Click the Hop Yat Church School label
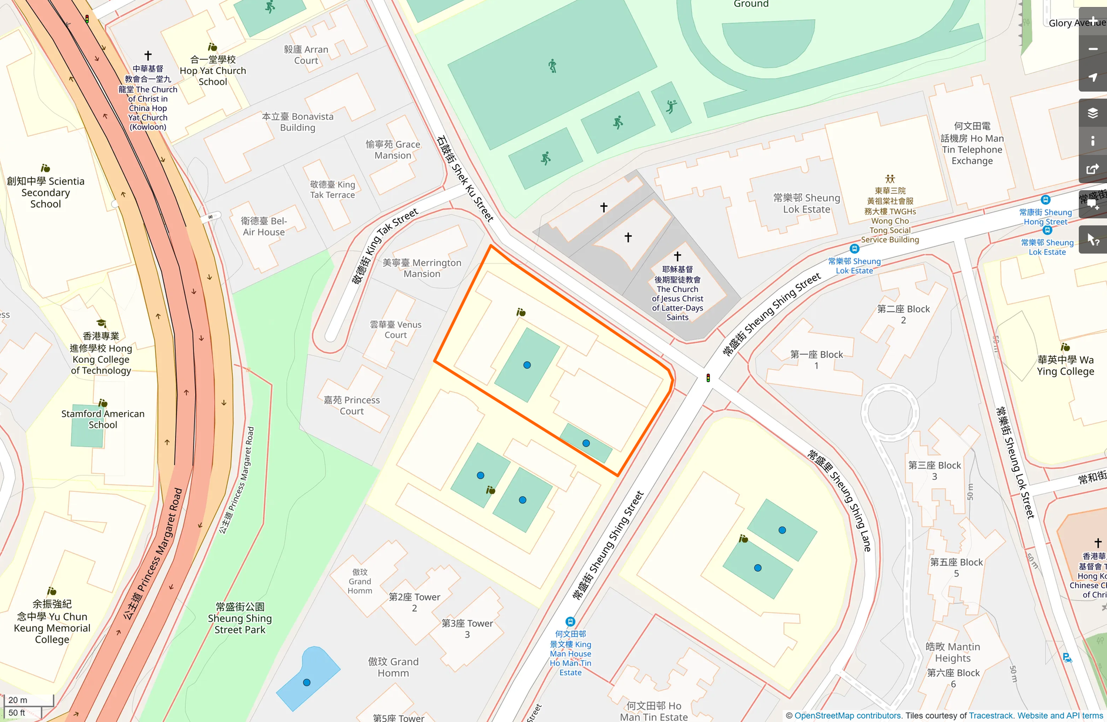[213, 70]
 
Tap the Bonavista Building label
[297, 122]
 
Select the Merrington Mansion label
[422, 268]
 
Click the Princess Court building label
[351, 406]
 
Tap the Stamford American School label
[103, 419]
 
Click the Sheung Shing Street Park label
[240, 618]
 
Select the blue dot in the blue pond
[307, 683]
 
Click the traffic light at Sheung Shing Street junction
[708, 378]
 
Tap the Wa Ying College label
[1065, 365]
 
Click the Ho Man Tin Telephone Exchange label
[972, 144]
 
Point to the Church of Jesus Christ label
[677, 293]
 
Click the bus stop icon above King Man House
[570, 622]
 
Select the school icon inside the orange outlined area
[521, 312]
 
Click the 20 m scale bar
[28, 700]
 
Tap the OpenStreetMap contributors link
[847, 716]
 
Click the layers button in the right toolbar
[1092, 113]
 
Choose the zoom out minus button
[1092, 49]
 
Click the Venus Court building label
[395, 329]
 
